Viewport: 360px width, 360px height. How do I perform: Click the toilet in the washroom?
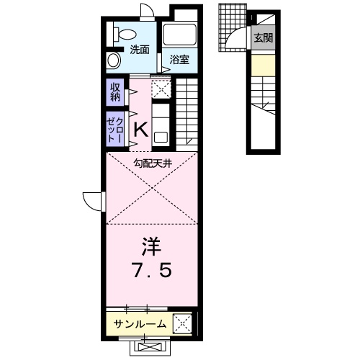click(122, 32)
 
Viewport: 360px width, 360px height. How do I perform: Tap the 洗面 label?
click(140, 50)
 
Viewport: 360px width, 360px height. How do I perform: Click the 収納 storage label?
click(115, 93)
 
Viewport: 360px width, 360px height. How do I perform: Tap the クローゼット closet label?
click(115, 128)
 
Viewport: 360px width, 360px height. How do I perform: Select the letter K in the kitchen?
click(141, 130)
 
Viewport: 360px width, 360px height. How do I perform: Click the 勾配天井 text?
click(153, 163)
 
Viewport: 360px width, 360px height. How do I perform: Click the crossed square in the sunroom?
click(182, 323)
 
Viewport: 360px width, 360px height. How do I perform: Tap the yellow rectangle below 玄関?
click(262, 66)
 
